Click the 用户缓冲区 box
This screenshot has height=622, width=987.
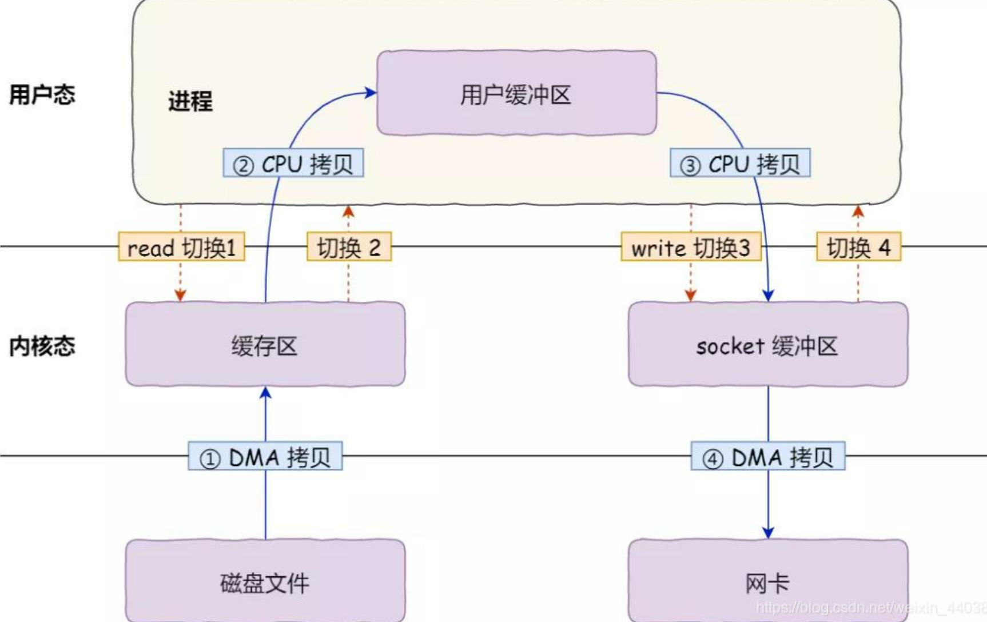516,93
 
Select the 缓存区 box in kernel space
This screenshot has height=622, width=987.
265,345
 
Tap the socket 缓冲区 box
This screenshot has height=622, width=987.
767,345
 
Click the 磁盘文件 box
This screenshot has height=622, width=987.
265,582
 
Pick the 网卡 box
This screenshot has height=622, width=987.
767,582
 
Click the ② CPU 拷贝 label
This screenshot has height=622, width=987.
293,164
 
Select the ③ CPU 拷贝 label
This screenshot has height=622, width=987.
740,164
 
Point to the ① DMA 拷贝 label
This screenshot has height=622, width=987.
265,457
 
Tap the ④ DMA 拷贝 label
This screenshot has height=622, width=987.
768,457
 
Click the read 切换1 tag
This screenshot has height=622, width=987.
181,247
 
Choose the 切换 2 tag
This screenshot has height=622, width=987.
349,247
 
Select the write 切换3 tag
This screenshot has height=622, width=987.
691,247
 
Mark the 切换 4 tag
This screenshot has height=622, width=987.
858,247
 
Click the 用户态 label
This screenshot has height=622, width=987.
42,94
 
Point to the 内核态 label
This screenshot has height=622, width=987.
42,346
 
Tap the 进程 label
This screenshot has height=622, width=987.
190,101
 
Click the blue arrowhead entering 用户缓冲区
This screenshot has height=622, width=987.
371,93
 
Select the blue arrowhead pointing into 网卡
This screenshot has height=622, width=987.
768,533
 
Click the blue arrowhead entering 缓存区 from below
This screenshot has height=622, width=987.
265,393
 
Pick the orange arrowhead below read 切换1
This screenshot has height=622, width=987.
180,296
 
